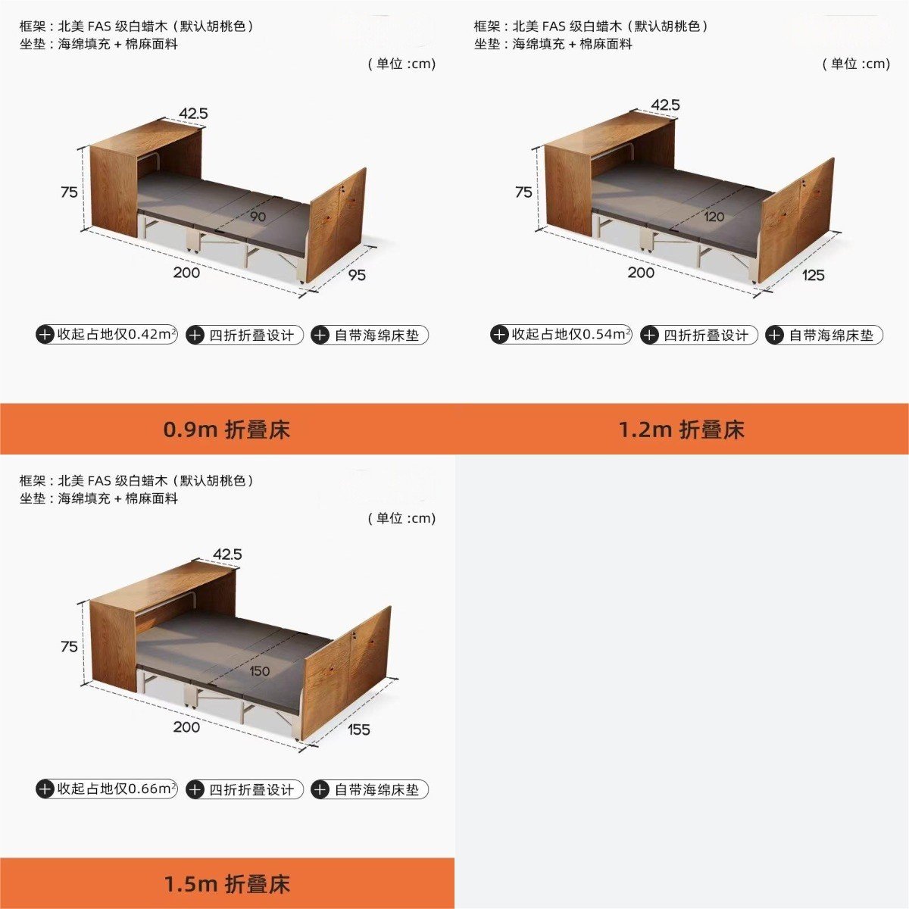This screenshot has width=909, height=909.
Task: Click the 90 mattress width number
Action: pos(258,217)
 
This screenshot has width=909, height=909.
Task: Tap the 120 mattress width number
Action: pos(714,217)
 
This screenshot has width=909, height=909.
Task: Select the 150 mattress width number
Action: pos(260,671)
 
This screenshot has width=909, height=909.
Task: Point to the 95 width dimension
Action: pos(357,274)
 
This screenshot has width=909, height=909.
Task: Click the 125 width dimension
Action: pos(813,274)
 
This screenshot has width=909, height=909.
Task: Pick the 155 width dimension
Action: pos(358,729)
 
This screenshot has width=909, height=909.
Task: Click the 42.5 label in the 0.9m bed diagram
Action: pos(193,113)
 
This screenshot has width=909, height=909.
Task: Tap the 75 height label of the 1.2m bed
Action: pos(523,192)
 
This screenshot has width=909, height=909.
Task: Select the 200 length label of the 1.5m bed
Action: pos(186,727)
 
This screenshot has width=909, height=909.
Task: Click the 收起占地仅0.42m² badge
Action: pos(107,335)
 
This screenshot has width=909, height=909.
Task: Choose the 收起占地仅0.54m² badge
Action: pos(561,335)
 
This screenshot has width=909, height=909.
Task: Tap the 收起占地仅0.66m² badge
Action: pos(107,789)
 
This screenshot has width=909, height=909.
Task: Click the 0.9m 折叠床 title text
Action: pos(226,430)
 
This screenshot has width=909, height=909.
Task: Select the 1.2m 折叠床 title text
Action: pos(681,430)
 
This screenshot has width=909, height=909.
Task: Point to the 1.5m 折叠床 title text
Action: pos(226,884)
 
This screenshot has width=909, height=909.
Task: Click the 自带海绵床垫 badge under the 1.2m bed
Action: pos(823,335)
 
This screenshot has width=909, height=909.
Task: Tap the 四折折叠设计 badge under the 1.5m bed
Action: pos(245,789)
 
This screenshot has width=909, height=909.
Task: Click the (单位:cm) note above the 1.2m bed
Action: pos(856,64)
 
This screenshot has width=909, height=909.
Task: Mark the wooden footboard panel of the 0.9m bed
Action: pos(337,226)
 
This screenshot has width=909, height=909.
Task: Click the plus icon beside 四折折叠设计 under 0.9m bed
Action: pos(195,336)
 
